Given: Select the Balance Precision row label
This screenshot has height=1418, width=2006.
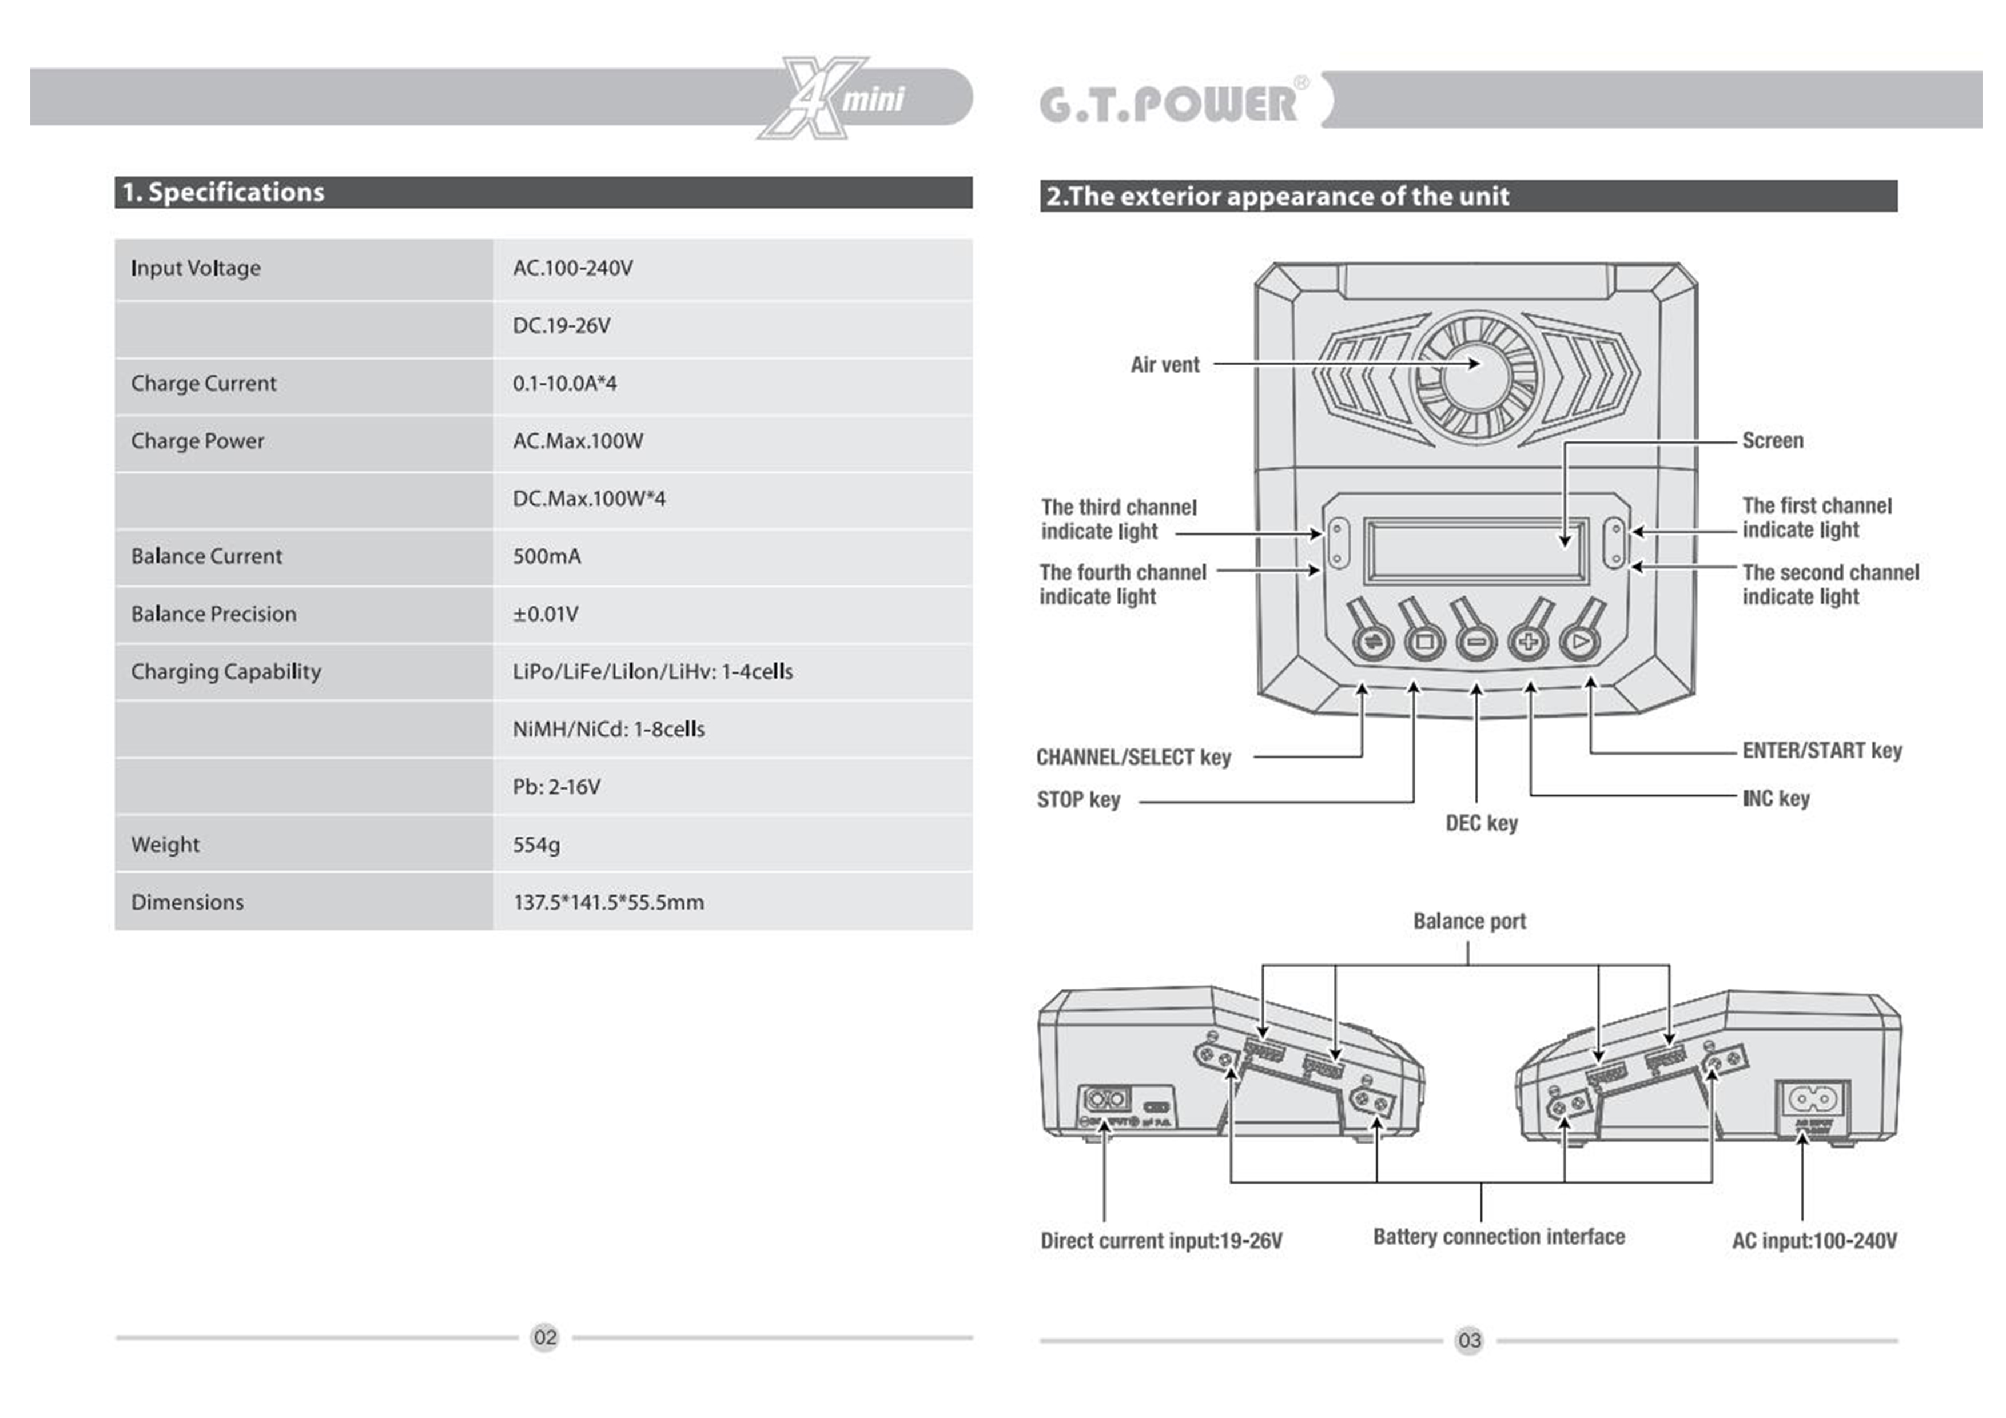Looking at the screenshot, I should [214, 614].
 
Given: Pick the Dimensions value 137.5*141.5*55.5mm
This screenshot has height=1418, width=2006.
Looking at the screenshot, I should [608, 902].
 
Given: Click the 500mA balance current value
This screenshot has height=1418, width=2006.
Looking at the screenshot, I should [546, 556].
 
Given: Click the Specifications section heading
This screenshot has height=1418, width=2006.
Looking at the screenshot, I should [223, 192].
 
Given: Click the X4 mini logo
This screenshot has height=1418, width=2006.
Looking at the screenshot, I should [834, 98].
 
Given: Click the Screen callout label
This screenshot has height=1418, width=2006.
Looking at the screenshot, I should [1772, 440].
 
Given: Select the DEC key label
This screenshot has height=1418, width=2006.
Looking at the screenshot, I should [1482, 823].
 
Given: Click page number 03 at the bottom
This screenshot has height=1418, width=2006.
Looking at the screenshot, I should [1468, 1340].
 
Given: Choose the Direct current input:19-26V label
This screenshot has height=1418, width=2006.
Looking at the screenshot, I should [1161, 1241].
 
